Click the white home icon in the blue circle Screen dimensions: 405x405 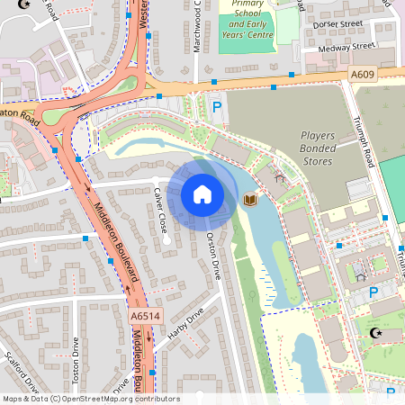tap(202, 194)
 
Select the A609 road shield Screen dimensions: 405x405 tap(363, 76)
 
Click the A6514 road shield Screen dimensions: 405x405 tap(144, 317)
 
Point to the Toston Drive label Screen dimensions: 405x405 tap(76, 357)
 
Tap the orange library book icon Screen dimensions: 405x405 tap(251, 199)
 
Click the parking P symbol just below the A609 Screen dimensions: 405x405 tap(216, 108)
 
